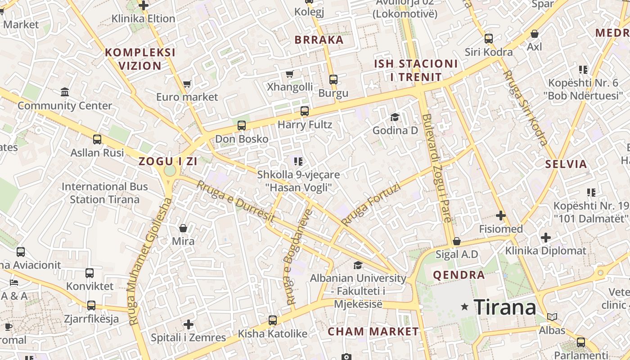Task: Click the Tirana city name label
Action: (505, 307)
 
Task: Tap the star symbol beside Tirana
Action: (465, 307)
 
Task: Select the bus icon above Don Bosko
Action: (242, 126)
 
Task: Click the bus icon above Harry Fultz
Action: (305, 111)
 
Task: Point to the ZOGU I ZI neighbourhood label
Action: (168, 161)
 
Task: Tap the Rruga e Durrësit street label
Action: (235, 201)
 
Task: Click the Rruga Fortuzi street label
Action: (370, 204)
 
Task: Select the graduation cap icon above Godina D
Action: (395, 117)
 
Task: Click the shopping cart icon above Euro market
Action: (187, 84)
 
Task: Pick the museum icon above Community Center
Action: (65, 92)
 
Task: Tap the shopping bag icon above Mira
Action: (183, 228)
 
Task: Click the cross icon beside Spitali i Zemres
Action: (189, 324)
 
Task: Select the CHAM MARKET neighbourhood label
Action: (373, 332)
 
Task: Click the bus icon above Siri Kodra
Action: (489, 39)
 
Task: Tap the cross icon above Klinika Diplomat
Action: (546, 237)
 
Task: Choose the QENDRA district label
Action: (459, 275)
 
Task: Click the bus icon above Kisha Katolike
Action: (273, 320)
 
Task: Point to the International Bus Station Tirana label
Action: (104, 193)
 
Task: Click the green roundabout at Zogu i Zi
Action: (170, 171)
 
